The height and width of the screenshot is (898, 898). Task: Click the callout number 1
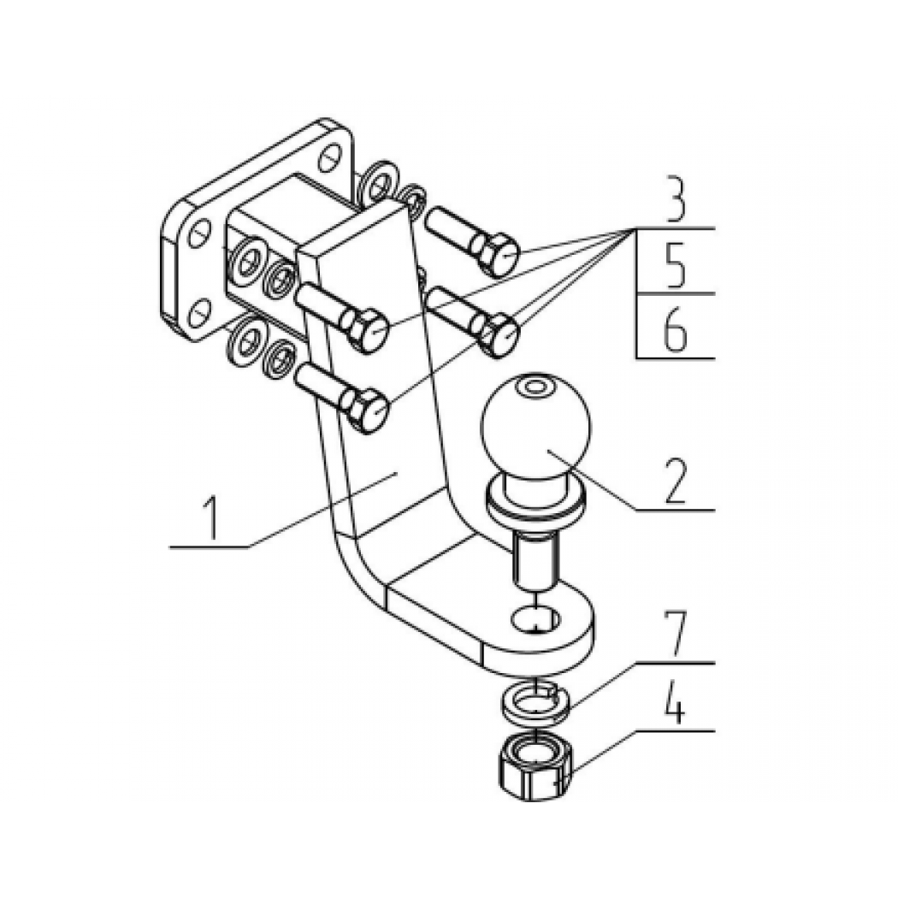[x=212, y=518]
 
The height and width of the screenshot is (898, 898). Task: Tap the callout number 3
[x=676, y=200]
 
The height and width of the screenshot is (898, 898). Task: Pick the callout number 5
[x=676, y=266]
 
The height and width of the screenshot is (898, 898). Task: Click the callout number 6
[x=676, y=330]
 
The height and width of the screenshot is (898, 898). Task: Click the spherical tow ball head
[x=536, y=427]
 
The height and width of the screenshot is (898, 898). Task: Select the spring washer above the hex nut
[x=535, y=701]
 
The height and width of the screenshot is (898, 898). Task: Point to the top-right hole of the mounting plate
[x=329, y=157]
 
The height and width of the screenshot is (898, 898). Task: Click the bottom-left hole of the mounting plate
[x=199, y=312]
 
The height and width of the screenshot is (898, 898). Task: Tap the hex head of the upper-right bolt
[x=499, y=254]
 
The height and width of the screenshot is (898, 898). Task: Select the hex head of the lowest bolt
[x=369, y=409]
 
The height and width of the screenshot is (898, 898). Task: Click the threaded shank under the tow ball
[x=535, y=558]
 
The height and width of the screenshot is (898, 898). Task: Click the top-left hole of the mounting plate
[x=199, y=233]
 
